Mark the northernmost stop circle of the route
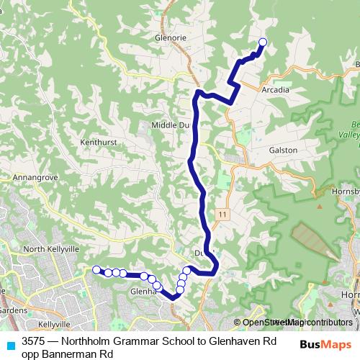[262, 42]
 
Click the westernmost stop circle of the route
[96, 269]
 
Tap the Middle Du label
[169, 125]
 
